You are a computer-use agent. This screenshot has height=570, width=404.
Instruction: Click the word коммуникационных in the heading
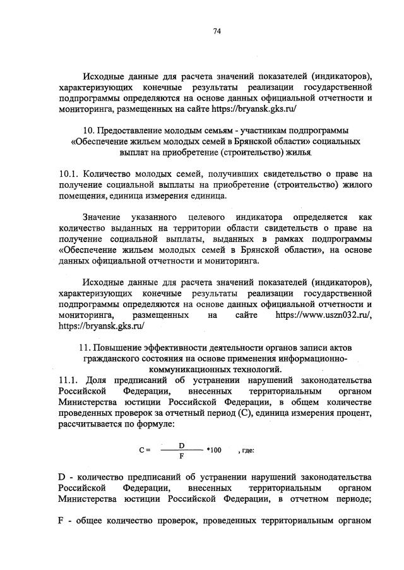(x=182, y=368)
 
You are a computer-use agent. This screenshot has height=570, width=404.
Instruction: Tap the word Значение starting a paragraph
(x=103, y=217)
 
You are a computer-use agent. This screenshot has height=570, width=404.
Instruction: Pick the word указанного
(x=153, y=217)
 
